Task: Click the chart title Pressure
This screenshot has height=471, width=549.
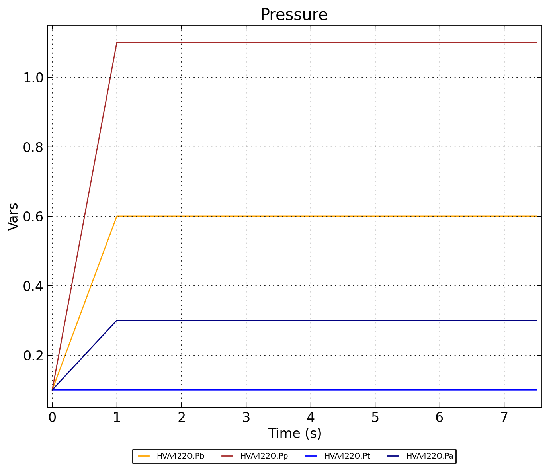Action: click(294, 15)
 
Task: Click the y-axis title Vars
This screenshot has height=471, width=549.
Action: click(13, 216)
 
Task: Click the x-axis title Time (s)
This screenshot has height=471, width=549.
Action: click(295, 433)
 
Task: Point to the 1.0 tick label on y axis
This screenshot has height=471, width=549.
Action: click(33, 78)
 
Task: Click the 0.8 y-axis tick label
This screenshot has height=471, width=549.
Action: click(33, 147)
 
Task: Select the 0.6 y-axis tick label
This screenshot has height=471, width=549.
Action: click(33, 217)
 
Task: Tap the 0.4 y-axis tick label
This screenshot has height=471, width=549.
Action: click(33, 286)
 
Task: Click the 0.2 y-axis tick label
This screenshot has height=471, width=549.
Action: click(33, 356)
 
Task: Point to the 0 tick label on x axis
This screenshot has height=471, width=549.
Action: click(52, 417)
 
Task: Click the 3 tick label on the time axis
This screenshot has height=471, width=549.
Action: click(246, 417)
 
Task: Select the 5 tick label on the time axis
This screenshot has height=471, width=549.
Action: click(375, 417)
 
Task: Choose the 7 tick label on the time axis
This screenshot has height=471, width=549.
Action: click(504, 417)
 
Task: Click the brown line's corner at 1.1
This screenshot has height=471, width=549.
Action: click(117, 42)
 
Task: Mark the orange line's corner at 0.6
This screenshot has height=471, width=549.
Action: click(117, 216)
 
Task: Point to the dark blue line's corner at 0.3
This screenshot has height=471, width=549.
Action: click(117, 320)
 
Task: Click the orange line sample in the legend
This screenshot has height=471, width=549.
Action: click(144, 456)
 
